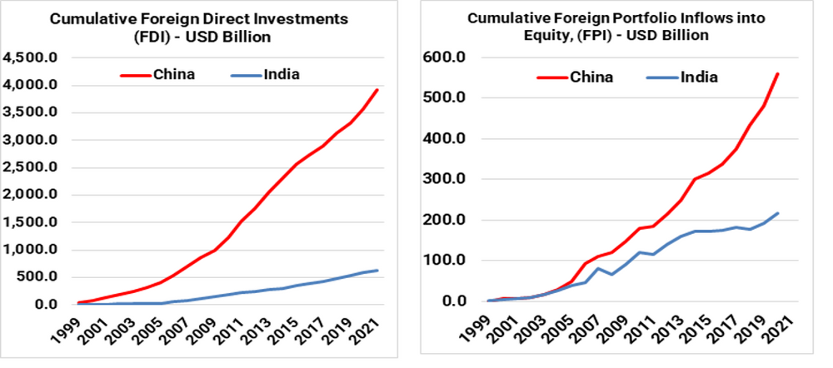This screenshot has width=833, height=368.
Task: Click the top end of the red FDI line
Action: tap(377, 90)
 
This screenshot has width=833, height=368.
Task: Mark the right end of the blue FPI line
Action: tap(777, 213)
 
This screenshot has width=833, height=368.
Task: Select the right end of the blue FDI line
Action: tap(377, 270)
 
